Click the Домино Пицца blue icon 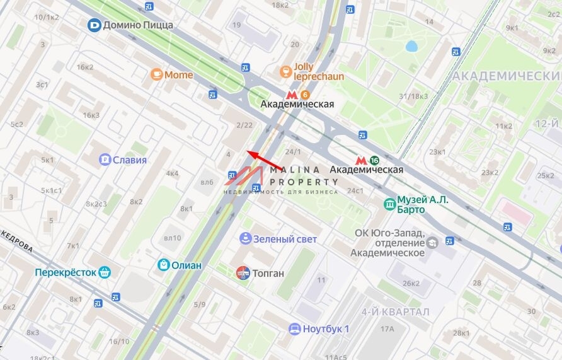[94, 25]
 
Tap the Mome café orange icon [156, 74]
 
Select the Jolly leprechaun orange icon [285, 69]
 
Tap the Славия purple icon [105, 160]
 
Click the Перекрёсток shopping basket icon [105, 272]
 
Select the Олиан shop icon [163, 265]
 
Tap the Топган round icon [243, 273]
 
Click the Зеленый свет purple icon [245, 238]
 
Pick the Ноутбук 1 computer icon [294, 328]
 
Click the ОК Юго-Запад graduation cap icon [432, 243]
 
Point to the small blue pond [411, 46]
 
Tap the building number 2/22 [244, 125]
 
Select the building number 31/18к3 [413, 96]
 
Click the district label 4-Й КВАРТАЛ [395, 312]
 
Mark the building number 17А [386, 328]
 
